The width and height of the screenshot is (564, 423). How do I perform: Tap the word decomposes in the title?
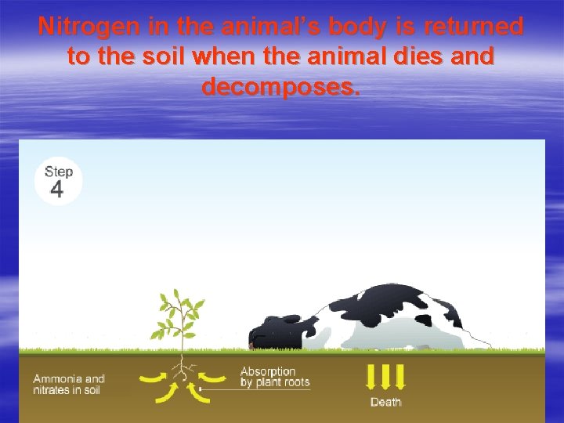[x=281, y=85]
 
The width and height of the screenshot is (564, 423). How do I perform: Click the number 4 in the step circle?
[x=56, y=190]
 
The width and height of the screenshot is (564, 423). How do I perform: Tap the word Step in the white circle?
[x=59, y=172]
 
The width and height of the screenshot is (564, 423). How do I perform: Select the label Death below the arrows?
[x=385, y=402]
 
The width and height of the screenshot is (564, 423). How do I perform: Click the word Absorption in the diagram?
[x=268, y=371]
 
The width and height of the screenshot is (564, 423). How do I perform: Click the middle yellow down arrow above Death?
[x=385, y=378]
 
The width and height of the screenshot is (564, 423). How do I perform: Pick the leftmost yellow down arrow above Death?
[x=371, y=378]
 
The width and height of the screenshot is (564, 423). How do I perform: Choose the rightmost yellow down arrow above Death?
[x=399, y=378]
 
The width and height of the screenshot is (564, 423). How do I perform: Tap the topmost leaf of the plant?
[x=176, y=296]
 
